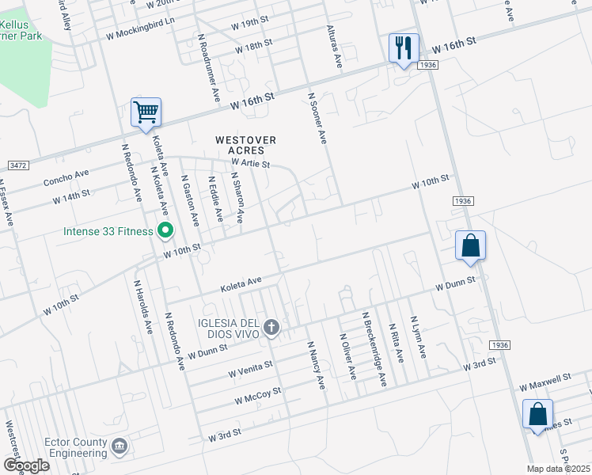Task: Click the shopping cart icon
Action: (x=146, y=112)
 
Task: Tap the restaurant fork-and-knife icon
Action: (x=404, y=48)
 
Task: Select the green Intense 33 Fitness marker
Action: (x=165, y=232)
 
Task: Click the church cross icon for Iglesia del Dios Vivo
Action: (x=271, y=327)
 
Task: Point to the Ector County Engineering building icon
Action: (x=120, y=447)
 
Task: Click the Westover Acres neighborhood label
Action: (x=246, y=146)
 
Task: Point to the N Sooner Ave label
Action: (x=317, y=118)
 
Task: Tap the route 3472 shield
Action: (x=17, y=165)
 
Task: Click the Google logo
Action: (x=26, y=465)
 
